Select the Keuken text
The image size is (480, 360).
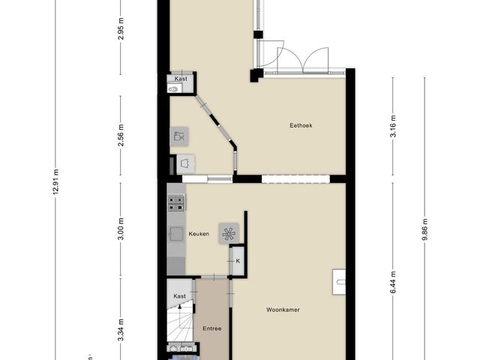[199, 234]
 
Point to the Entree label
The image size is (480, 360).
[212, 328]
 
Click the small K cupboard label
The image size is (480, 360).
[238, 261]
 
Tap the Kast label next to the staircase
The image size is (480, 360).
[180, 296]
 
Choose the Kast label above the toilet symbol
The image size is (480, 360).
[181, 79]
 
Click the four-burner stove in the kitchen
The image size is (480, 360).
[176, 201]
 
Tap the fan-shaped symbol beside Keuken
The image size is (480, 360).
[227, 233]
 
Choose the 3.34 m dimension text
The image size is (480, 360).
[121, 331]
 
